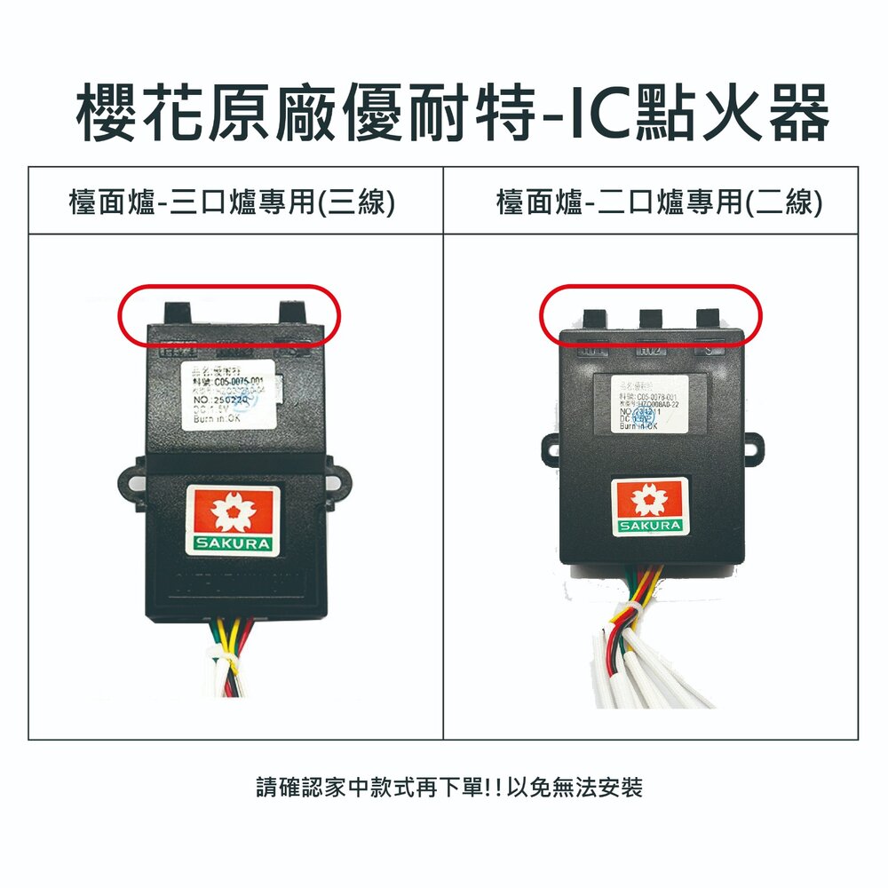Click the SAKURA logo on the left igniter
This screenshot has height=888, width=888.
234,519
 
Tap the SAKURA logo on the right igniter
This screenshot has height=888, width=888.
651,507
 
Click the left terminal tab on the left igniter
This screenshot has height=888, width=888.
178,313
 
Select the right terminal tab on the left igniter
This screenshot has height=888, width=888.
293,313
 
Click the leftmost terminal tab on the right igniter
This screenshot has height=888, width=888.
595,321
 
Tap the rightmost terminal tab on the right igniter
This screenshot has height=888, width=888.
709,321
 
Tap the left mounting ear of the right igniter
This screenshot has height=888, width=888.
548,448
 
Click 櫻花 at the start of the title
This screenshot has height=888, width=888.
140,113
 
